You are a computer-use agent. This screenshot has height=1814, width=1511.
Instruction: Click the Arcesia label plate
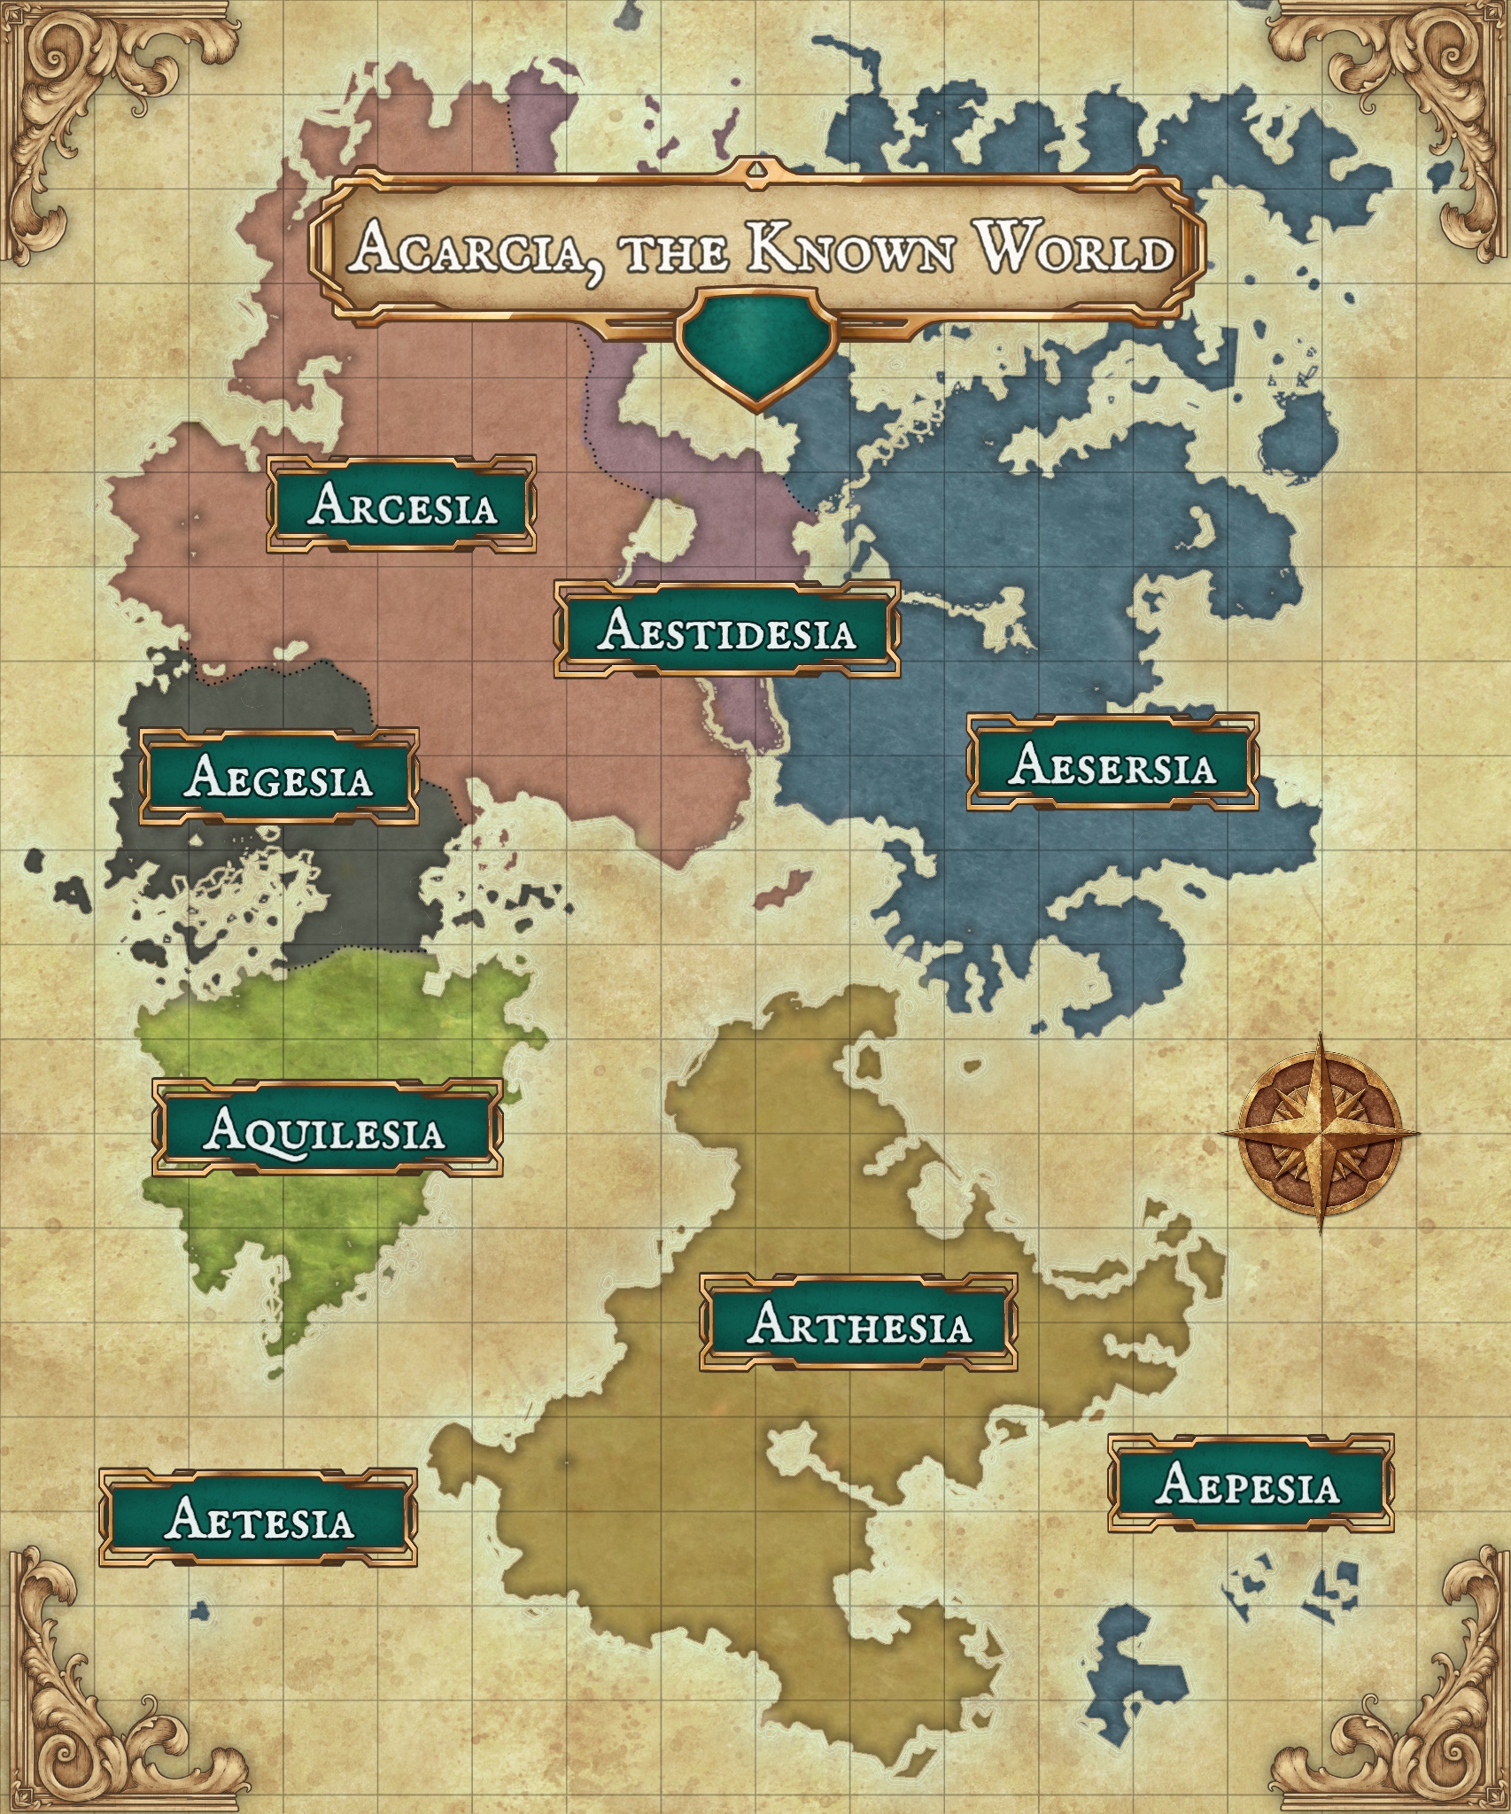point(401,505)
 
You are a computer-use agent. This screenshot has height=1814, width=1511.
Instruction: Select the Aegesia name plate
point(279,778)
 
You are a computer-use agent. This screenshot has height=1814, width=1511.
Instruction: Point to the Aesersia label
point(1112,764)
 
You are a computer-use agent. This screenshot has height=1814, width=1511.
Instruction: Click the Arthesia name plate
point(858,1324)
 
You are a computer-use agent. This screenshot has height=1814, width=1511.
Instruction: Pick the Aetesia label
point(258,1518)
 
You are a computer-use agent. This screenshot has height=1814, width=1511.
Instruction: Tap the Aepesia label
point(1250,1483)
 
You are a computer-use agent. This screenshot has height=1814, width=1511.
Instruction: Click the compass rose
point(1320,1133)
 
